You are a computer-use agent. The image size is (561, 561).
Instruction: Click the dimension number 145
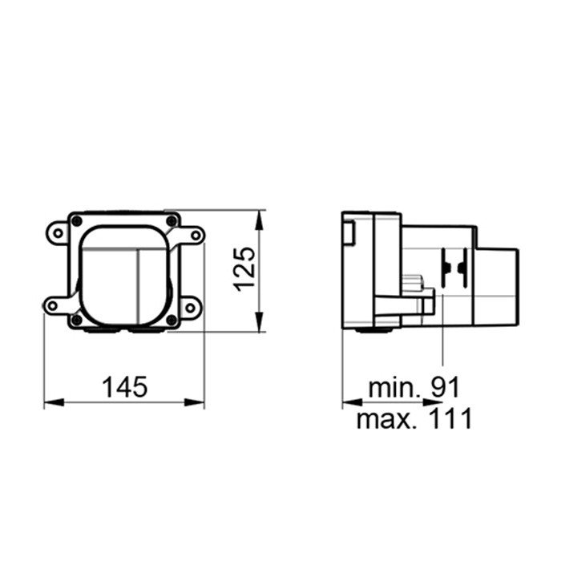(125, 387)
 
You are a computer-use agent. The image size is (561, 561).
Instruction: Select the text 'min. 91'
(414, 388)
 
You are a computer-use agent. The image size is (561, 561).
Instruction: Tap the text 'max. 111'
(414, 418)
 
